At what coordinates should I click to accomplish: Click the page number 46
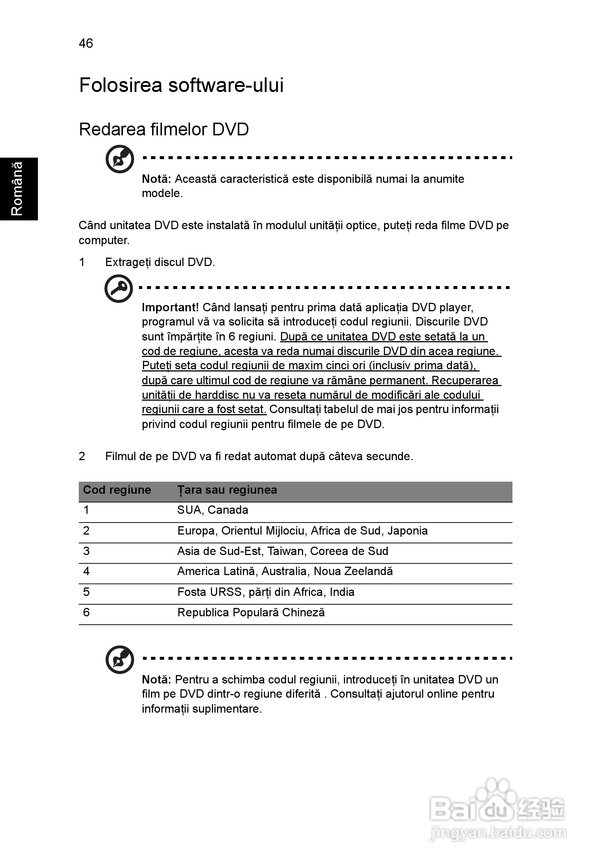click(x=86, y=43)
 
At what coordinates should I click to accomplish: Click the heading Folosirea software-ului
click(x=181, y=85)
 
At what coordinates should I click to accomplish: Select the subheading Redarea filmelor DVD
click(x=164, y=130)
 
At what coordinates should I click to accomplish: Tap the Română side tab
click(x=18, y=189)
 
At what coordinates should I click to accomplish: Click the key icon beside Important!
click(x=119, y=289)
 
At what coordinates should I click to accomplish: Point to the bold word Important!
click(x=170, y=307)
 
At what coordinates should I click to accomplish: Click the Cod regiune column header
click(x=117, y=490)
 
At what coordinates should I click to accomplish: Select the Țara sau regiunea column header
click(x=227, y=490)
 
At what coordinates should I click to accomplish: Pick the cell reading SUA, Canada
click(x=213, y=510)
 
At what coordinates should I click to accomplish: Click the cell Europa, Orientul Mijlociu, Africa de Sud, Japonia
click(x=302, y=531)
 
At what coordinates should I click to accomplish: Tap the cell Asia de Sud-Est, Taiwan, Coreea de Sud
click(x=283, y=551)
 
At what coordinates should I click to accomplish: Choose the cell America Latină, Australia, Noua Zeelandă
click(x=285, y=571)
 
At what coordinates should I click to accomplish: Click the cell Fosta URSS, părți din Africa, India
click(x=266, y=592)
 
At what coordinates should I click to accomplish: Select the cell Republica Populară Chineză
click(x=251, y=613)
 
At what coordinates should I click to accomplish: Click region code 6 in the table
click(x=86, y=613)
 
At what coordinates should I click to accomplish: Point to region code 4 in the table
click(x=86, y=571)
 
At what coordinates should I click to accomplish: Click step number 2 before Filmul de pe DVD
click(x=82, y=456)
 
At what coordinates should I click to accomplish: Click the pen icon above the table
click(x=120, y=159)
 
